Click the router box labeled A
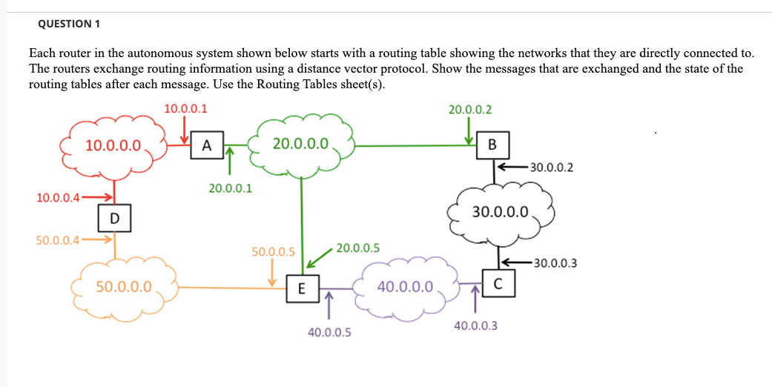(x=207, y=145)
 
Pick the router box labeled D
(x=114, y=218)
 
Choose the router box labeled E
(x=301, y=288)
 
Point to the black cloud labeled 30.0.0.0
(x=501, y=214)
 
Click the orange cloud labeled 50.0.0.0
(x=124, y=288)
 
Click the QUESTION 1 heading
(x=68, y=24)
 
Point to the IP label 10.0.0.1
(x=185, y=108)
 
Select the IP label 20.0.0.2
(x=469, y=110)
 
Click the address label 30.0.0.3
(x=555, y=262)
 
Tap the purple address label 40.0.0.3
(x=476, y=325)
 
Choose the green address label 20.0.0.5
(x=358, y=248)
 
